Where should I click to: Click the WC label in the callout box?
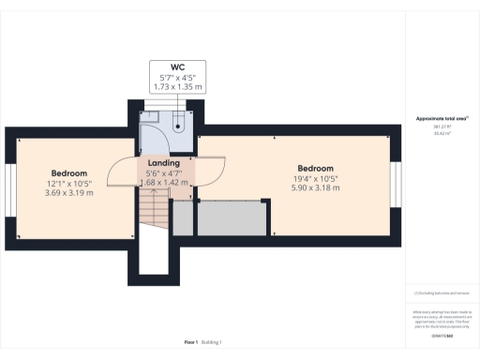point(177,67)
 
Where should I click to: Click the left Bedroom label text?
point(69,173)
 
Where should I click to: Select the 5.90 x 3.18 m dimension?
point(315,187)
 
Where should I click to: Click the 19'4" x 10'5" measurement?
point(315,178)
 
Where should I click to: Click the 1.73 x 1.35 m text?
point(177,85)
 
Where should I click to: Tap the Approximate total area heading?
point(442,119)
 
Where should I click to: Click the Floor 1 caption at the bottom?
point(191,342)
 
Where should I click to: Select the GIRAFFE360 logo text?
point(442,335)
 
